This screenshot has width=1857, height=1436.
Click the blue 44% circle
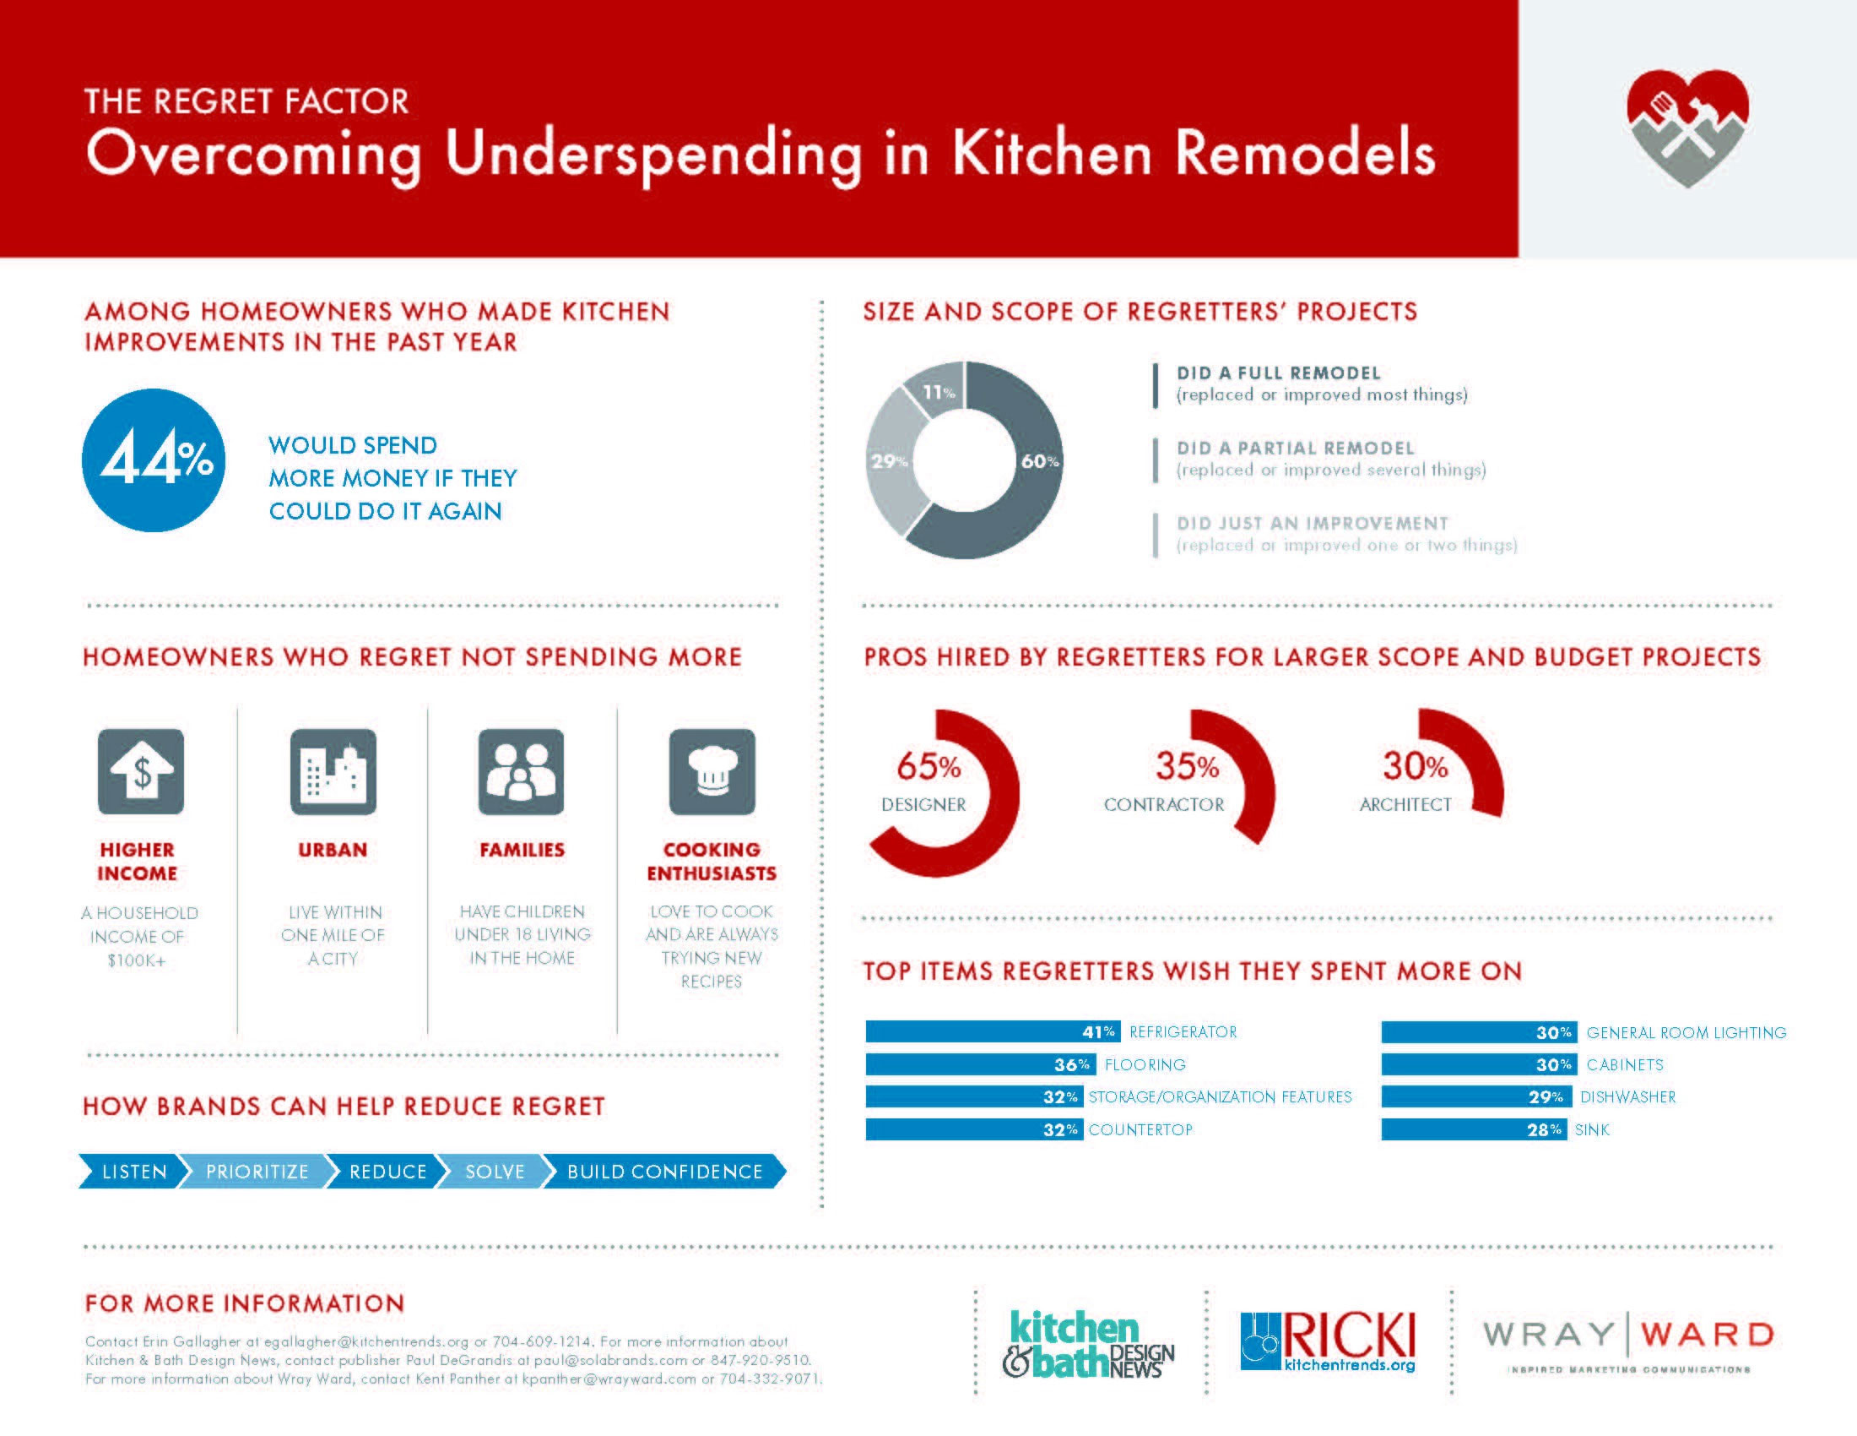pyautogui.click(x=154, y=460)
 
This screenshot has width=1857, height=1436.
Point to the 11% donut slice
pyautogui.click(x=940, y=389)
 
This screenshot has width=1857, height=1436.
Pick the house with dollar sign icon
pyautogui.click(x=141, y=771)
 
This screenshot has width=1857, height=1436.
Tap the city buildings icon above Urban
pyautogui.click(x=333, y=771)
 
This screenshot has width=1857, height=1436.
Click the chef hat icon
pyautogui.click(x=712, y=771)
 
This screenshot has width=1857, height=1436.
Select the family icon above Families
pyautogui.click(x=521, y=771)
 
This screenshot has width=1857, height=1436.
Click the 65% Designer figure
pyautogui.click(x=928, y=766)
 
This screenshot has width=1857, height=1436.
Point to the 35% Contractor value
pyautogui.click(x=1187, y=766)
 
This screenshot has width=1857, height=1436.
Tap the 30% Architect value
pyautogui.click(x=1415, y=766)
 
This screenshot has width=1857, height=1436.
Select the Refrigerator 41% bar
pyautogui.click(x=993, y=1032)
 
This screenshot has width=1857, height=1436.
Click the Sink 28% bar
pyautogui.click(x=1473, y=1129)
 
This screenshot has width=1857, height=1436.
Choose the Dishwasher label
pyautogui.click(x=1627, y=1097)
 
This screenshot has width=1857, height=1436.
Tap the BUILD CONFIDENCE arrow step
pyautogui.click(x=664, y=1172)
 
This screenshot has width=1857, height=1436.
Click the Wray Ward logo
pyautogui.click(x=1628, y=1341)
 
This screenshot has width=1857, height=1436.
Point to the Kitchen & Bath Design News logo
pyautogui.click(x=1088, y=1344)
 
